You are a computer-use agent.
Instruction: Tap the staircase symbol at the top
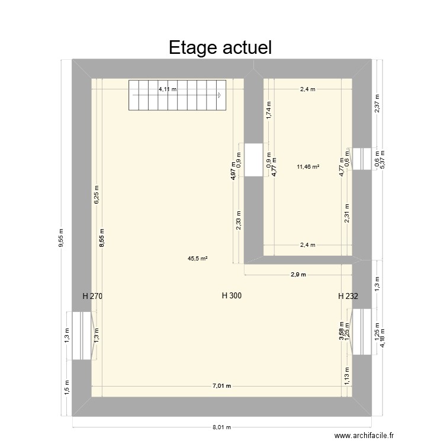click(176, 95)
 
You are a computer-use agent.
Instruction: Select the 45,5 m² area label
click(197, 258)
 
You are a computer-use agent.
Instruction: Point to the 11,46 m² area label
click(308, 167)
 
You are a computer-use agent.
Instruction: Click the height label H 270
click(93, 296)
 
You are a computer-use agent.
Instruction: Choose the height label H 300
click(231, 296)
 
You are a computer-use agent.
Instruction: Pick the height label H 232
click(348, 296)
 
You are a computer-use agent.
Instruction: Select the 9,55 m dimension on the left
click(62, 238)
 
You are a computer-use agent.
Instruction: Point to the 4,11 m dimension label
click(167, 89)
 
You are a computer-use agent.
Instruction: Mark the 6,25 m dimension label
click(96, 195)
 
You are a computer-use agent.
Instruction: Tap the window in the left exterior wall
click(82, 336)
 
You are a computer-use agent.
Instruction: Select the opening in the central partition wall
click(253, 160)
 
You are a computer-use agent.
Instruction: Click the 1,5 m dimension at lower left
click(66, 388)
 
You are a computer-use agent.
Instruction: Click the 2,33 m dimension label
click(238, 220)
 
